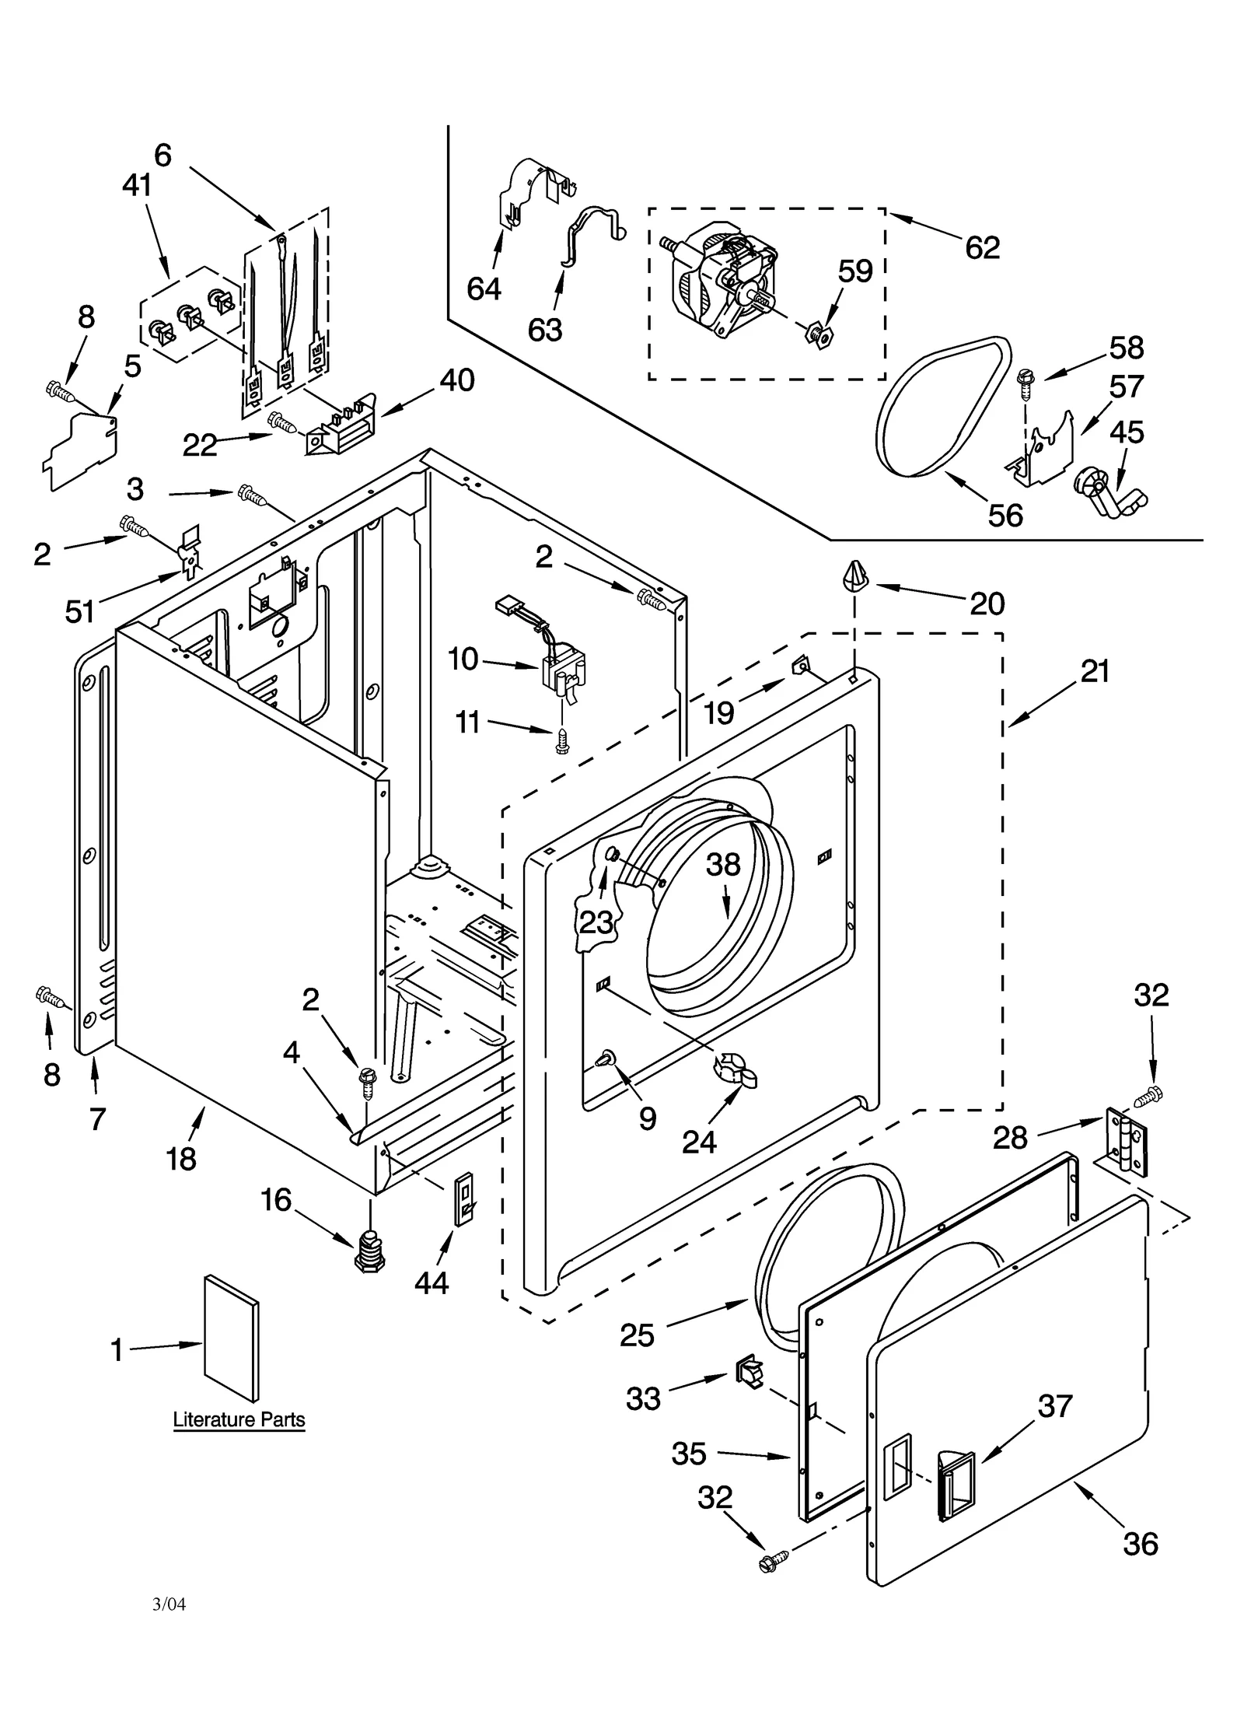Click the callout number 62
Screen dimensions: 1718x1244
pyautogui.click(x=982, y=247)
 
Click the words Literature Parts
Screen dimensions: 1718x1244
pyautogui.click(x=239, y=1419)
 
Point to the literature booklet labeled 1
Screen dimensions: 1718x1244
pyautogui.click(x=231, y=1338)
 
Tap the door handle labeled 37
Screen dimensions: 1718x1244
pyautogui.click(x=958, y=1484)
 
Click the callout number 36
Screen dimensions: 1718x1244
pyautogui.click(x=1140, y=1543)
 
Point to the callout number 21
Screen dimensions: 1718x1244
pyautogui.click(x=1095, y=670)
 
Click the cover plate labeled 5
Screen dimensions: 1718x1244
pyautogui.click(x=82, y=451)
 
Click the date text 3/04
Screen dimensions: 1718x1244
pyautogui.click(x=169, y=1604)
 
